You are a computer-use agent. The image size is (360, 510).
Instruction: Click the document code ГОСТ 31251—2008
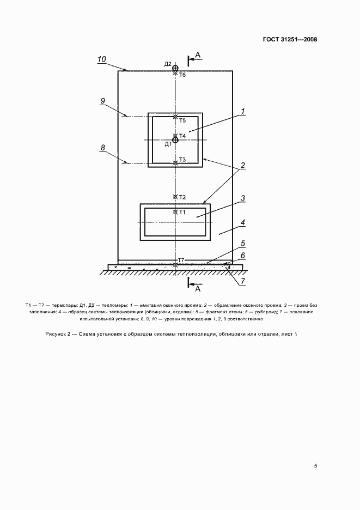click(291, 39)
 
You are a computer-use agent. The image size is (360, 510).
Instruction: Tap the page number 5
click(316, 466)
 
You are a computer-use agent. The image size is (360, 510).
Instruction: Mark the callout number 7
click(243, 281)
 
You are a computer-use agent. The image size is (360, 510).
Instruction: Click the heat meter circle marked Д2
click(175, 68)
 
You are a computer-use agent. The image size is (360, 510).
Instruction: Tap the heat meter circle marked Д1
click(175, 140)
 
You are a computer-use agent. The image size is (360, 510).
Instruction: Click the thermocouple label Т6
click(183, 75)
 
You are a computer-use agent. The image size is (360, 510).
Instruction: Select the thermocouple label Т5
click(182, 120)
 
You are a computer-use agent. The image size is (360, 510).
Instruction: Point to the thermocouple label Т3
click(182, 160)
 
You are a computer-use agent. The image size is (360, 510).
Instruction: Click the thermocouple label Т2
click(182, 197)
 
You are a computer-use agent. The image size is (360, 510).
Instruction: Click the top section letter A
click(198, 54)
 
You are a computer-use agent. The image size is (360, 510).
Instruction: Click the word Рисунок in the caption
click(57, 333)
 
